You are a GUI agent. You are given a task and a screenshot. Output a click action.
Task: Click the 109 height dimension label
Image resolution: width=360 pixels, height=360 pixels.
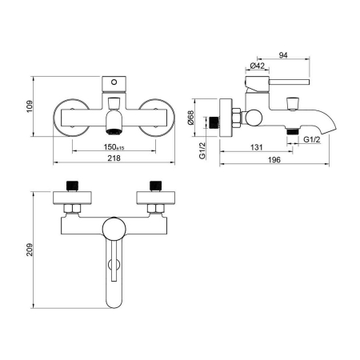(30, 106)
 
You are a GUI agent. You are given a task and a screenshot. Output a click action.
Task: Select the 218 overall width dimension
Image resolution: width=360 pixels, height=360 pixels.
(114, 158)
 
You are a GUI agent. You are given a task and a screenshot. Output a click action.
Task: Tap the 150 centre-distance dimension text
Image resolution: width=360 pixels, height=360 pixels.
(114, 147)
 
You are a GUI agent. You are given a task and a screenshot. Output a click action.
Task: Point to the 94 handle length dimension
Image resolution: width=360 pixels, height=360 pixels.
(283, 55)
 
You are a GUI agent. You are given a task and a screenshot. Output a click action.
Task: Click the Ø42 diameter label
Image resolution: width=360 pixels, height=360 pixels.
(258, 66)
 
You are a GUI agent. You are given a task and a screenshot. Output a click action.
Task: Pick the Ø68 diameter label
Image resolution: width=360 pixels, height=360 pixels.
(190, 118)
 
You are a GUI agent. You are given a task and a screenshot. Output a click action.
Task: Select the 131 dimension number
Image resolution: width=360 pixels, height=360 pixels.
(257, 147)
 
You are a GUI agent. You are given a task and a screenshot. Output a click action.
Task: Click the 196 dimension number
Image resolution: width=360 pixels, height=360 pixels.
(274, 160)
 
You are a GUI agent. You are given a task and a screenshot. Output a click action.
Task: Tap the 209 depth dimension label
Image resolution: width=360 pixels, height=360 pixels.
(30, 250)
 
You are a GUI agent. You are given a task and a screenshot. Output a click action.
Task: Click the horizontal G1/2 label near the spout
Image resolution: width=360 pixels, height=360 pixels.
(312, 139)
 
